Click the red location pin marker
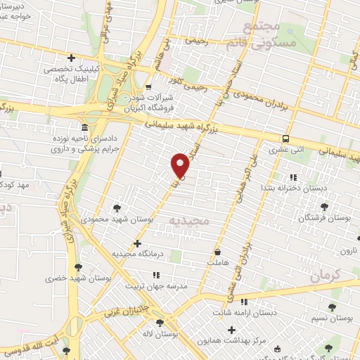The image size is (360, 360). point(181,165)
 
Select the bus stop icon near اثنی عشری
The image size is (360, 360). point(285,139)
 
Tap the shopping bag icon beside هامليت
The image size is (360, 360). point(217,251)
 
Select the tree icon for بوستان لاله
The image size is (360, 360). point(161,323)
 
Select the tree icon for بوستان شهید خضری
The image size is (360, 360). point(77,267)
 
